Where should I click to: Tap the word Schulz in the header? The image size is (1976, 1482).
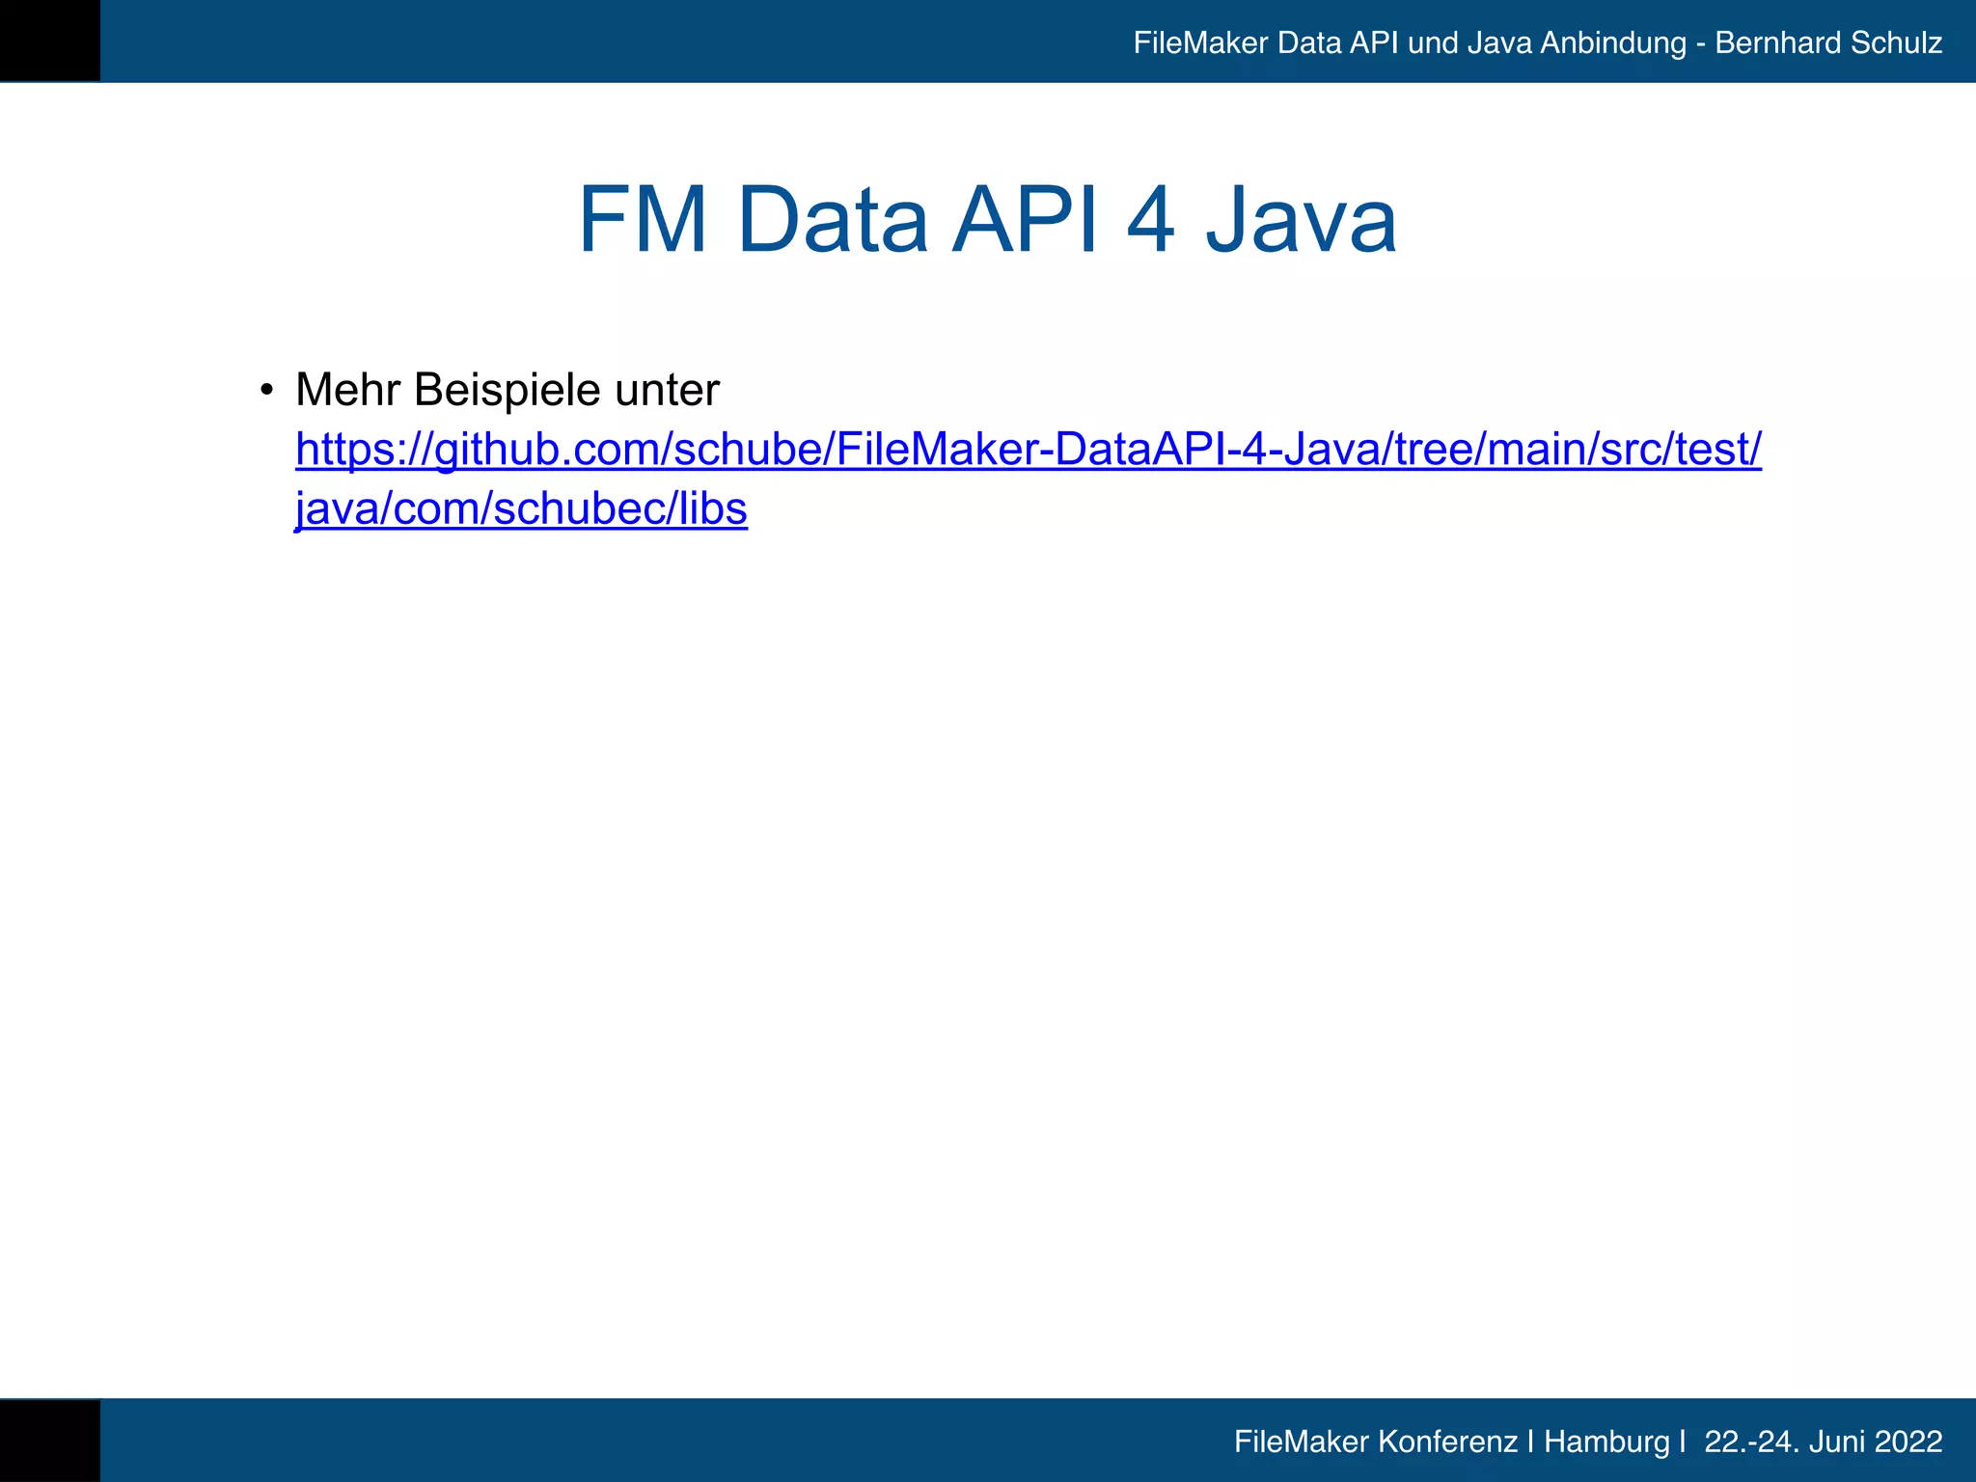point(1896,43)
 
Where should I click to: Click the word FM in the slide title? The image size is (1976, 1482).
point(643,221)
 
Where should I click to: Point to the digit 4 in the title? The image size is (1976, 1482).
point(1151,221)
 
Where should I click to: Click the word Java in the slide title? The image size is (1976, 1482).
point(1301,221)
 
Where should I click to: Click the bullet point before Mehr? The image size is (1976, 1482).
point(266,391)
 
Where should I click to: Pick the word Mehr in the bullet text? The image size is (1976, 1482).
point(347,390)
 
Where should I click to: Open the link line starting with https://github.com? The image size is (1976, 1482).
point(1029,450)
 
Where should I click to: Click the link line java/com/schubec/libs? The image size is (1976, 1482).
point(521,509)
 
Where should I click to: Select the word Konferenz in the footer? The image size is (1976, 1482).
point(1447,1441)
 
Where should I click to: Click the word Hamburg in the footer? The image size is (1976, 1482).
point(1606,1441)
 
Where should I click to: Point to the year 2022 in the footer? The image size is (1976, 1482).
point(1907,1441)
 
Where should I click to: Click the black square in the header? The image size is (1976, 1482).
point(49,41)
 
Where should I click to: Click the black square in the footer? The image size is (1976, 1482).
point(49,1441)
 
